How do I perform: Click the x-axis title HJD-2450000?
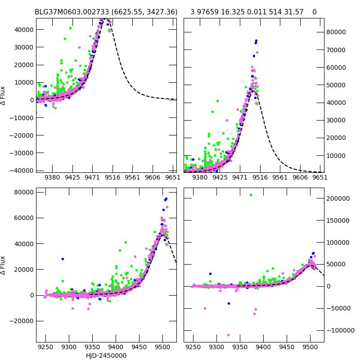tap(106, 355)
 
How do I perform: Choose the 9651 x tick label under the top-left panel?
tap(172, 178)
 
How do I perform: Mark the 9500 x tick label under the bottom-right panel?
tap(310, 348)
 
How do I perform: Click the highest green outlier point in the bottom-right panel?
tap(251, 195)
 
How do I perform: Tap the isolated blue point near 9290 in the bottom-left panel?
tap(63, 259)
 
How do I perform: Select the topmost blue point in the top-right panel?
tap(256, 40)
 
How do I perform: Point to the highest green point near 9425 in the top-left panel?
tap(70, 28)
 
